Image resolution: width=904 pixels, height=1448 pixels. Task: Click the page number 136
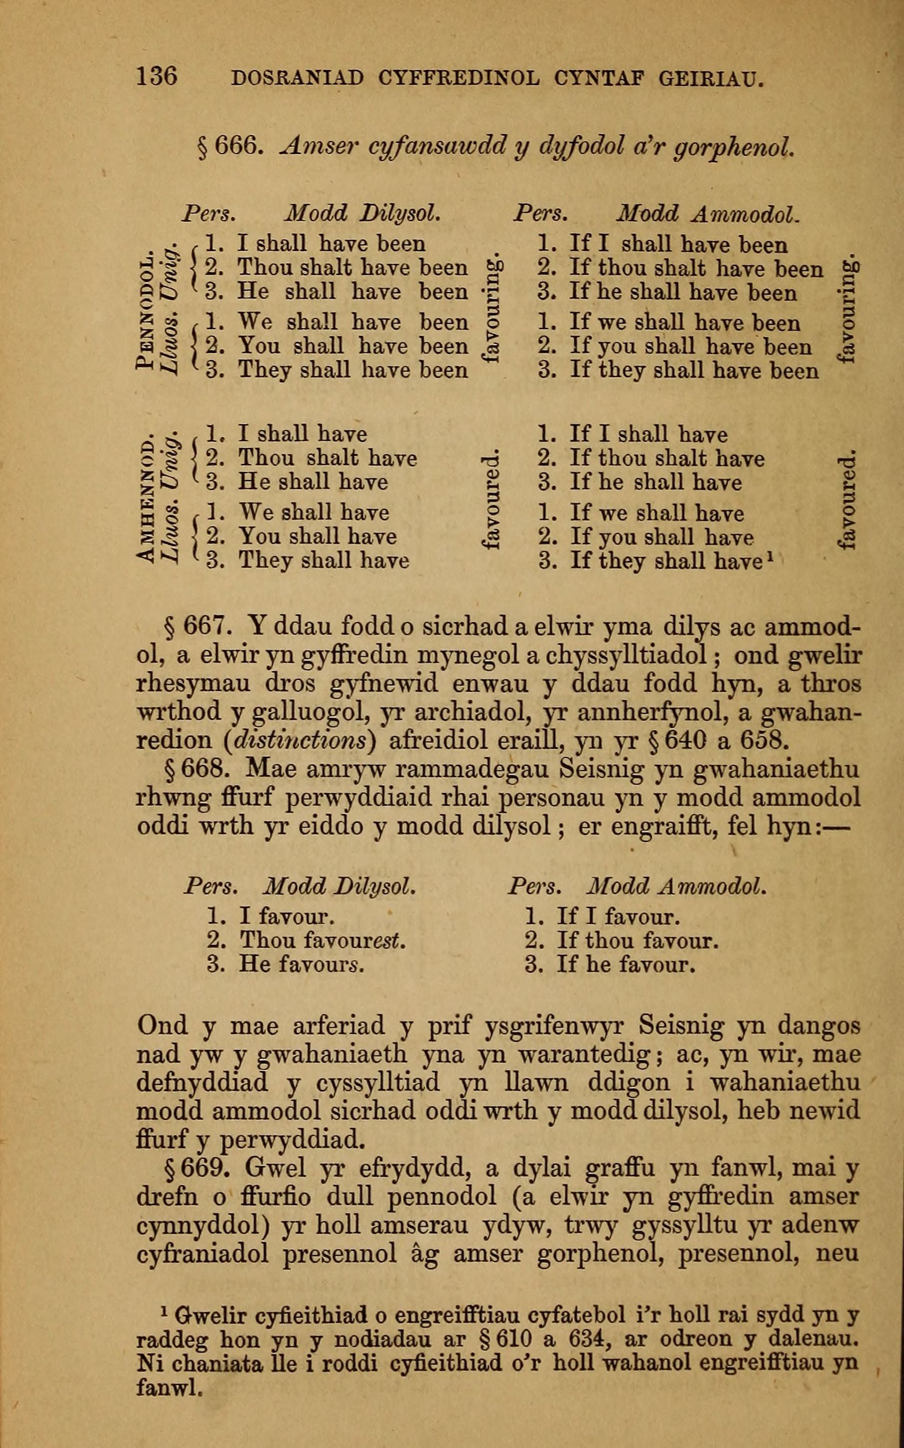pyautogui.click(x=156, y=77)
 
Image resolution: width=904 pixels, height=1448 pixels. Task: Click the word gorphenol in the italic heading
pyautogui.click(x=734, y=147)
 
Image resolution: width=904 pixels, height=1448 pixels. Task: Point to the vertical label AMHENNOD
pyautogui.click(x=145, y=501)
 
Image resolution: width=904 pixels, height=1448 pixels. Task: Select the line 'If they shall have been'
pyautogui.click(x=693, y=371)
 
